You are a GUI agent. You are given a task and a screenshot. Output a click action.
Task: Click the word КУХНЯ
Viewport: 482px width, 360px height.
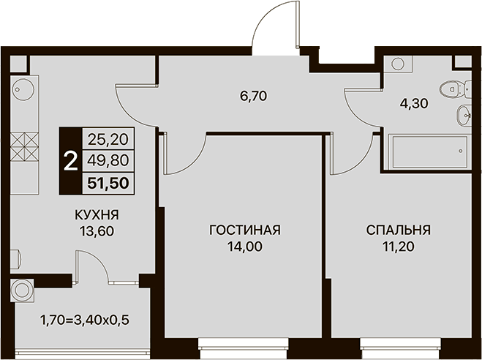(97, 215)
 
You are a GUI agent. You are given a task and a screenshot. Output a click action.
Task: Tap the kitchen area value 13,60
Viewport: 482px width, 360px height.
(97, 231)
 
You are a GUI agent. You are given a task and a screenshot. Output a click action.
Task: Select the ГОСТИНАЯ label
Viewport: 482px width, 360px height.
(245, 230)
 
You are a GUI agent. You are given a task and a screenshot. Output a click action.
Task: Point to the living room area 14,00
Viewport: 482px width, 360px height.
(245, 247)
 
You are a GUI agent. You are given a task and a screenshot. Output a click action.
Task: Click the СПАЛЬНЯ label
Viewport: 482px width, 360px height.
(399, 230)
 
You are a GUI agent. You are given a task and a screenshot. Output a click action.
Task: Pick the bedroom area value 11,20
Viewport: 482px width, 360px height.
(399, 247)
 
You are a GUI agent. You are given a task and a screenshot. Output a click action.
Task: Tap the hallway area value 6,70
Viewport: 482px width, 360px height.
(254, 97)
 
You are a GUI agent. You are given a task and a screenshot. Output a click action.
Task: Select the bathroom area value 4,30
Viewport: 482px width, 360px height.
(414, 104)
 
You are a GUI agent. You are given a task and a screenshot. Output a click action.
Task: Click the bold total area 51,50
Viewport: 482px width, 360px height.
(108, 183)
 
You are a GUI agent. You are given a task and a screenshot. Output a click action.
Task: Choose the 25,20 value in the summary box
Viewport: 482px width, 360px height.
(108, 140)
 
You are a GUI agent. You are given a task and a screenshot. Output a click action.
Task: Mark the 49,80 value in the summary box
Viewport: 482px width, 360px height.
(108, 160)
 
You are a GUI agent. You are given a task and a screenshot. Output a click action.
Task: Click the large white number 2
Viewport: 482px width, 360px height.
(70, 162)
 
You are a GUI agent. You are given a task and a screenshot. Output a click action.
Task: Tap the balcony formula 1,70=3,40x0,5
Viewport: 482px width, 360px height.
(85, 320)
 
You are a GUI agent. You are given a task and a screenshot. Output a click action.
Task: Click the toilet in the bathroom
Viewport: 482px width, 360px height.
(455, 89)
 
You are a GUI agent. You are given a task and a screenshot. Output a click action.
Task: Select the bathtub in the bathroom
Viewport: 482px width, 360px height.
(430, 152)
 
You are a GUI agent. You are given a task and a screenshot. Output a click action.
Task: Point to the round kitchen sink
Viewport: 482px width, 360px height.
(23, 89)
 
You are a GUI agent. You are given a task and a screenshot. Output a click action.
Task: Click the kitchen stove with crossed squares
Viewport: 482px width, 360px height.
(24, 147)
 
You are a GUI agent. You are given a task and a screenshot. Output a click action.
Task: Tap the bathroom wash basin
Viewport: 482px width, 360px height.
(464, 116)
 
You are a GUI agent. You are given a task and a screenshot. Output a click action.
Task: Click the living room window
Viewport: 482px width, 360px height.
(243, 348)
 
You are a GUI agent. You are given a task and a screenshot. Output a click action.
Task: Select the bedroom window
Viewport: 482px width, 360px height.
(400, 348)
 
